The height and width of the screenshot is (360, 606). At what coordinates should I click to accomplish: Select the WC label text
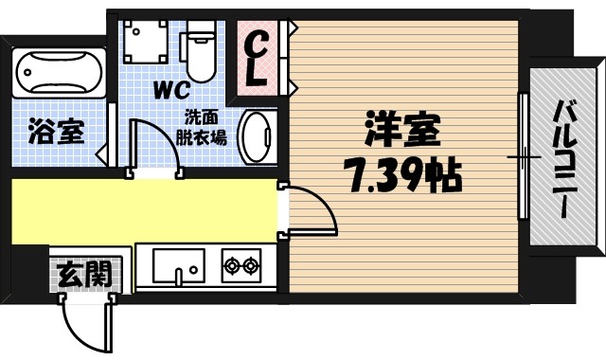(x=170, y=91)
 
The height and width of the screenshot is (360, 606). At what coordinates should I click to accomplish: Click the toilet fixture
(x=200, y=53)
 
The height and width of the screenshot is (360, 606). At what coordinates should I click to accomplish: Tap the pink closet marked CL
(x=257, y=57)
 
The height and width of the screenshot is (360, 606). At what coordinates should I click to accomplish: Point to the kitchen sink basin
(x=179, y=264)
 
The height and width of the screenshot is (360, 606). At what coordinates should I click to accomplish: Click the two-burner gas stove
(x=241, y=265)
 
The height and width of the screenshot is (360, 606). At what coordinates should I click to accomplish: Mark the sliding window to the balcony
(x=522, y=157)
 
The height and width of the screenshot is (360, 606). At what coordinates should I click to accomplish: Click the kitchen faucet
(x=179, y=276)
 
